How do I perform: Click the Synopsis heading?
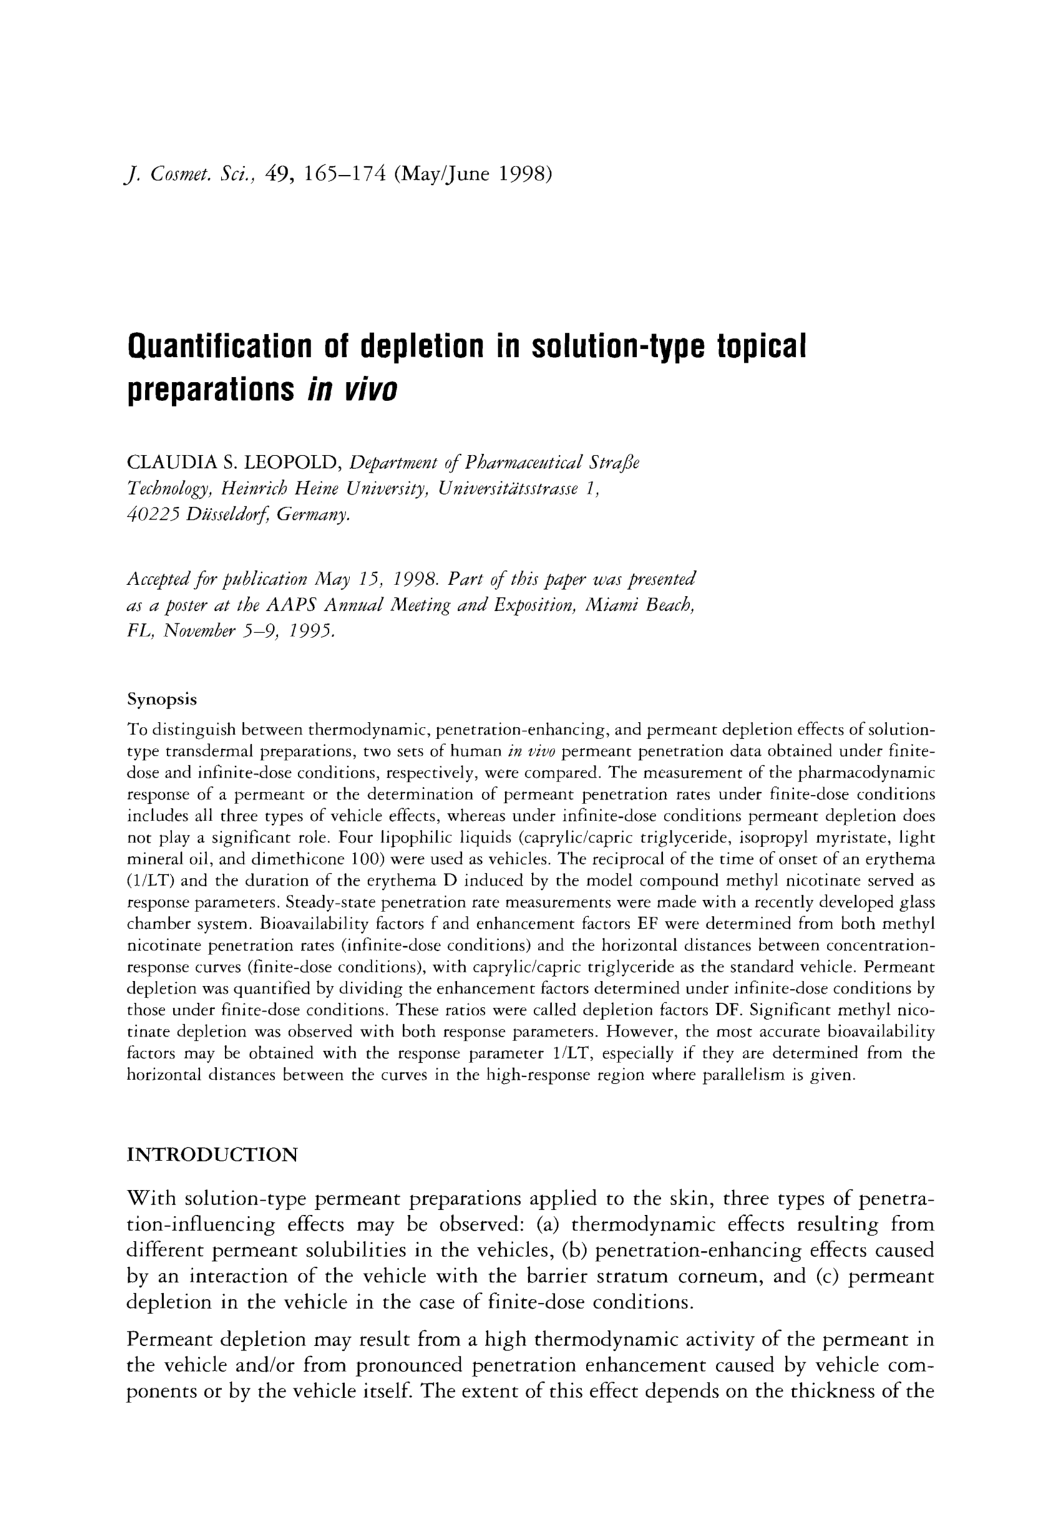[x=162, y=699]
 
